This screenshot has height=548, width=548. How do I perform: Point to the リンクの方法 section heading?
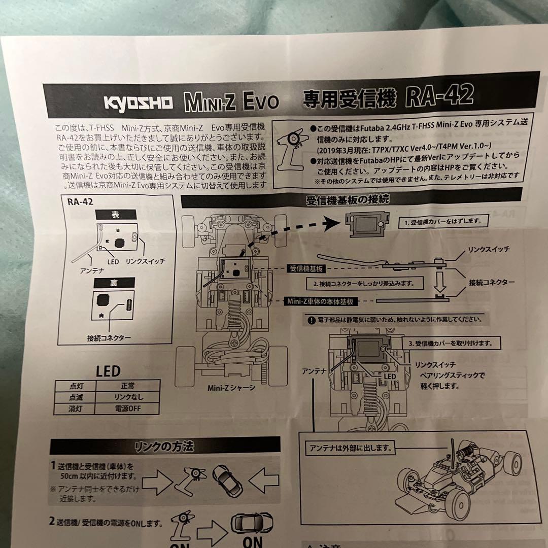pyautogui.click(x=164, y=447)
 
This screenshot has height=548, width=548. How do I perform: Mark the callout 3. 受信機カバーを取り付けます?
pyautogui.click(x=450, y=342)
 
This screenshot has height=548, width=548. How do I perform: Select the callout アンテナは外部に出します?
pyautogui.click(x=350, y=448)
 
